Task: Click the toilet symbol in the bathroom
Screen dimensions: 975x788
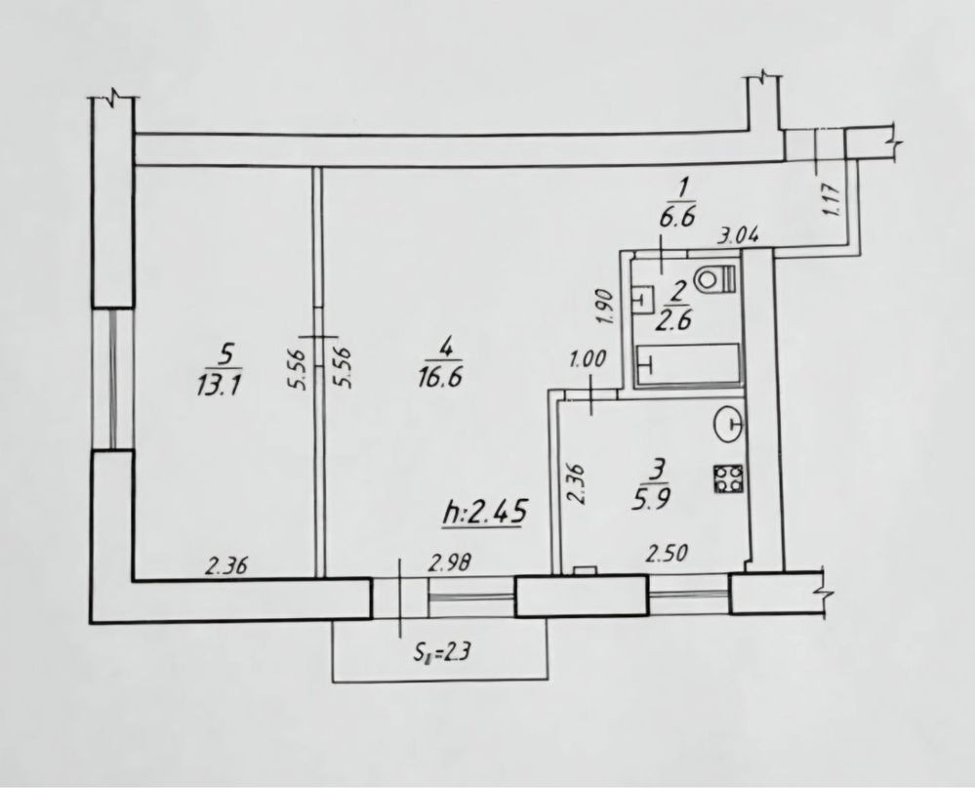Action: (715, 277)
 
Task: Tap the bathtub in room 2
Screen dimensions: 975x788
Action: (687, 365)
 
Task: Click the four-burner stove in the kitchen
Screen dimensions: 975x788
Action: (727, 480)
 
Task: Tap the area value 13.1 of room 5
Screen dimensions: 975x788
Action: (219, 387)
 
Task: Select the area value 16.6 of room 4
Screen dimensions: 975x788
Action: (440, 377)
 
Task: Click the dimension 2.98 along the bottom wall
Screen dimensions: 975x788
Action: (450, 562)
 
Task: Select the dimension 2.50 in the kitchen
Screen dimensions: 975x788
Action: (667, 553)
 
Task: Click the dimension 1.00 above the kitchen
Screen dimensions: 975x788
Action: (587, 359)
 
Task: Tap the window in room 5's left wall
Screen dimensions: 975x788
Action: (113, 379)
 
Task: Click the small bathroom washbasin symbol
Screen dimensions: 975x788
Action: (642, 298)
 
